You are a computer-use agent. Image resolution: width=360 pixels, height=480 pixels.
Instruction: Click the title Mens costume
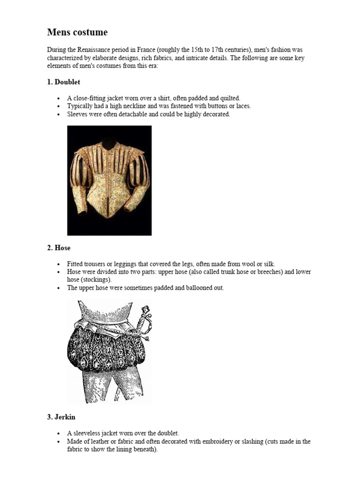[x=77, y=32]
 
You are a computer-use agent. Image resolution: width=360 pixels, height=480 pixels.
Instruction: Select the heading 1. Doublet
[x=63, y=82]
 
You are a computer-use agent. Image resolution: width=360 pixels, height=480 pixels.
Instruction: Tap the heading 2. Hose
[x=59, y=248]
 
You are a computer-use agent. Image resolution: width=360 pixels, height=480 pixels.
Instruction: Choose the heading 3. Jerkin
[x=61, y=417]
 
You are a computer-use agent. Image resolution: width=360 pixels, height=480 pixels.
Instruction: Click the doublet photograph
[x=109, y=180]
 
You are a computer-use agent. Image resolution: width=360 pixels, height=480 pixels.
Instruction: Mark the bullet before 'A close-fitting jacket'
[x=58, y=98]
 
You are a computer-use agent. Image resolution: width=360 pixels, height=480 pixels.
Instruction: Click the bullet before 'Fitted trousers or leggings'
[x=58, y=264]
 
